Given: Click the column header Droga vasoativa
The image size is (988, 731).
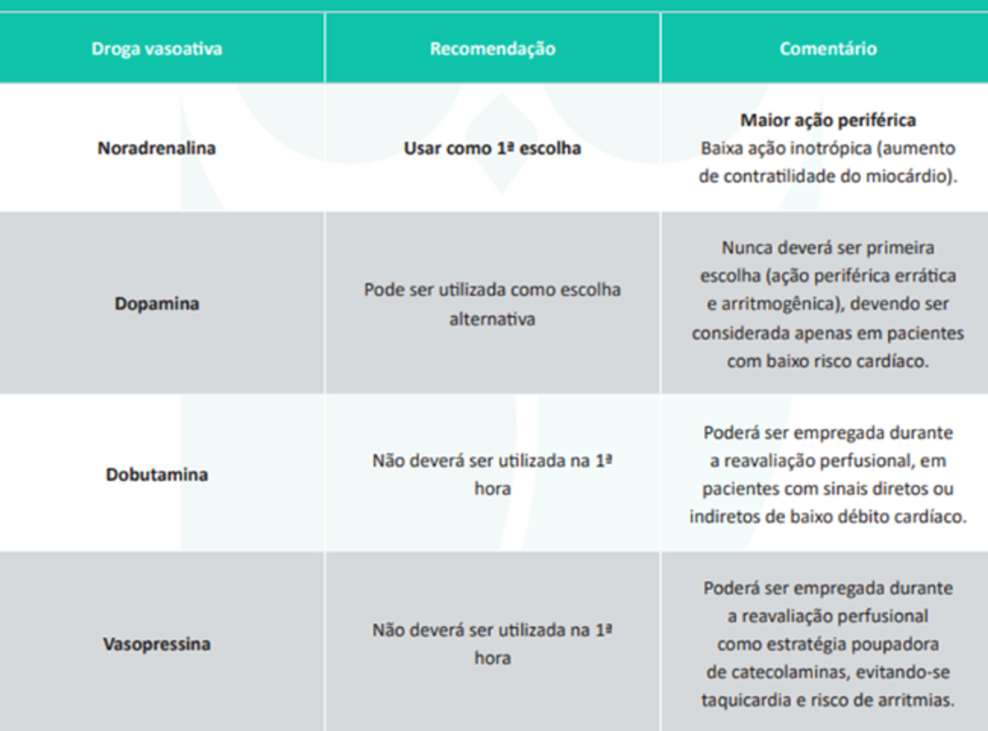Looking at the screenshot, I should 156,49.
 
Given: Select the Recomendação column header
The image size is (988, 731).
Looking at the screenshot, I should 493,49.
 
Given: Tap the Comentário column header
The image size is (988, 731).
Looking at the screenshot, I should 827,49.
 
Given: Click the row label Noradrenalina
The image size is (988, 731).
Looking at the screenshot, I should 156,148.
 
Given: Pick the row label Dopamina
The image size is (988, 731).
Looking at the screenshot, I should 156,303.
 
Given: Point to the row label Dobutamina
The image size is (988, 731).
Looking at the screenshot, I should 156,474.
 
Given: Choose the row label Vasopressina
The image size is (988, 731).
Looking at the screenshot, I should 156,644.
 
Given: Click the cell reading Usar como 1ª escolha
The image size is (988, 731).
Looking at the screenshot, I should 493,148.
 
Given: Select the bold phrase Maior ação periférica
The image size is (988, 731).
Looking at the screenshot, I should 827,120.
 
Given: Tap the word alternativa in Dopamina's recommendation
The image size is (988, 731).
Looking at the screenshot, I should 492,319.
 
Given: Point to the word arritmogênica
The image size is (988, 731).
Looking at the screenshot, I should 785,304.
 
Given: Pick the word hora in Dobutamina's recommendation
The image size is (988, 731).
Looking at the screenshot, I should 493,488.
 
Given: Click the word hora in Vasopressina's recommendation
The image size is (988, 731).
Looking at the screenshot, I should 493,658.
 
